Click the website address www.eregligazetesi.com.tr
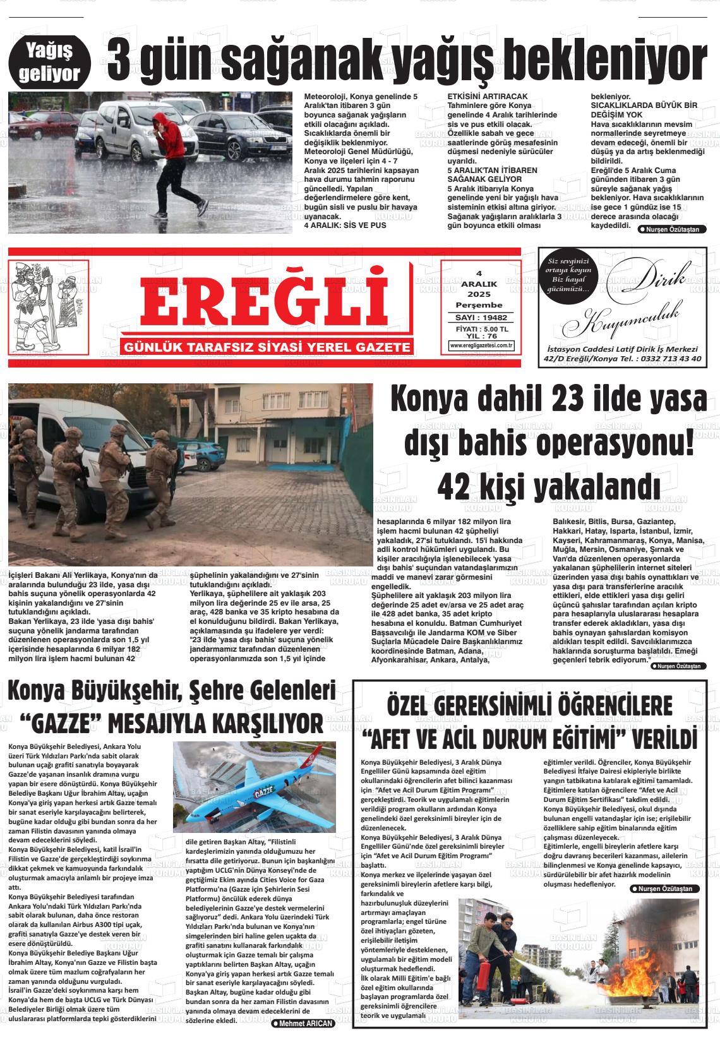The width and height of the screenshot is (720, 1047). pos(481,345)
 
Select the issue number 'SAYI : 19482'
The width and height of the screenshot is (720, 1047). pos(481,318)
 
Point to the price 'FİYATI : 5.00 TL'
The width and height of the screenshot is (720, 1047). pos(481,329)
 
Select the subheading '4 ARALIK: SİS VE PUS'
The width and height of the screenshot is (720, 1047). pos(345,225)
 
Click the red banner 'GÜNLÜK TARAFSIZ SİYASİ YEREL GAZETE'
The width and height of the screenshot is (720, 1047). pos(268,347)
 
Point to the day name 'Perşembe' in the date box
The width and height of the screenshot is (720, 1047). pos(479,304)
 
